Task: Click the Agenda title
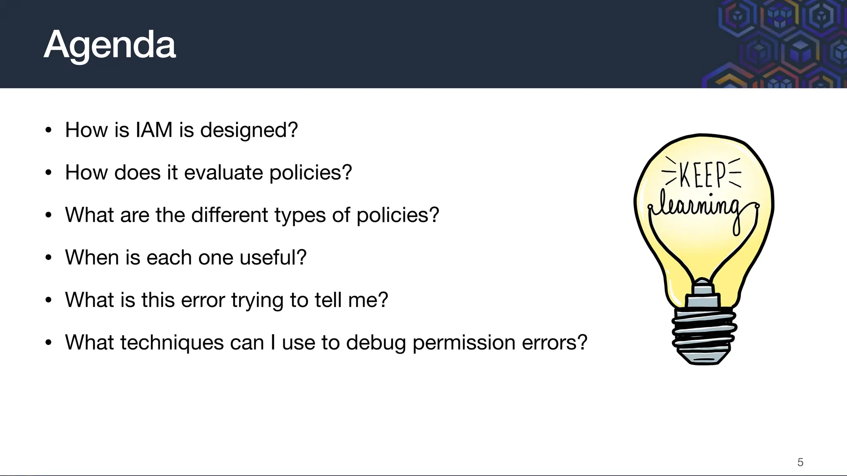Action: (x=110, y=45)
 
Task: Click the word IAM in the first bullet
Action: (x=154, y=130)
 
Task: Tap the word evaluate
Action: (x=223, y=173)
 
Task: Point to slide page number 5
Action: (x=800, y=462)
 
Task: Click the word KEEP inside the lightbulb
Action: (x=702, y=174)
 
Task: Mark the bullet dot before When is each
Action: (x=49, y=258)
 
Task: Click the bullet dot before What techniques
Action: (x=49, y=343)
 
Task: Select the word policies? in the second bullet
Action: (x=311, y=173)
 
